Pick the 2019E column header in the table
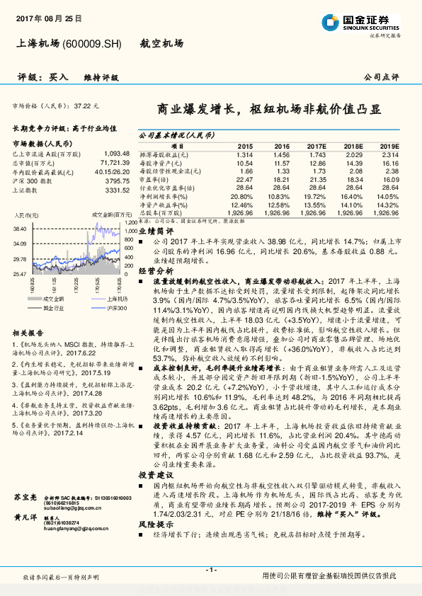[389, 144]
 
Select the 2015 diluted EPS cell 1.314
[245, 154]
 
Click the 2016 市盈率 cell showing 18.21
[282, 180]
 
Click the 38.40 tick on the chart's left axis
[19, 228]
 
